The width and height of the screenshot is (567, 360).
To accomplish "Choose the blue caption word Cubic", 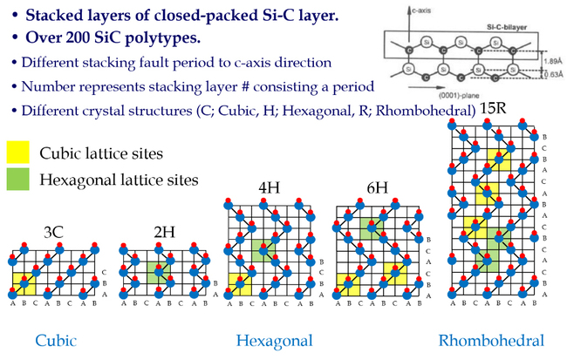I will (55, 341).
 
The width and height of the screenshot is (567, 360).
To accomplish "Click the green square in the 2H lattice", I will (156, 270).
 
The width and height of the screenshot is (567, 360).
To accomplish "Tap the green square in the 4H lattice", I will (263, 251).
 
